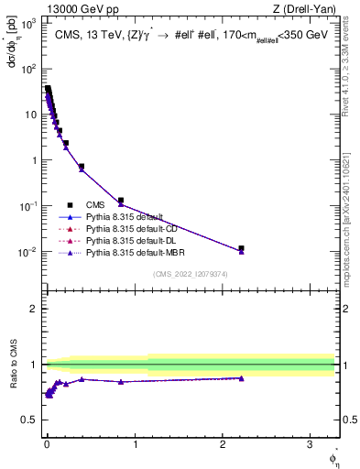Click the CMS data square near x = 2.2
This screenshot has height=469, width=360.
241,248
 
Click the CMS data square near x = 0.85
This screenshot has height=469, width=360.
120,201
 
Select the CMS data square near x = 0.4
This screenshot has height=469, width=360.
82,167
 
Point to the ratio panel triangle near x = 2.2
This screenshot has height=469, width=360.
241,377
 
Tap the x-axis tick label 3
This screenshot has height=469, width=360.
310,441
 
